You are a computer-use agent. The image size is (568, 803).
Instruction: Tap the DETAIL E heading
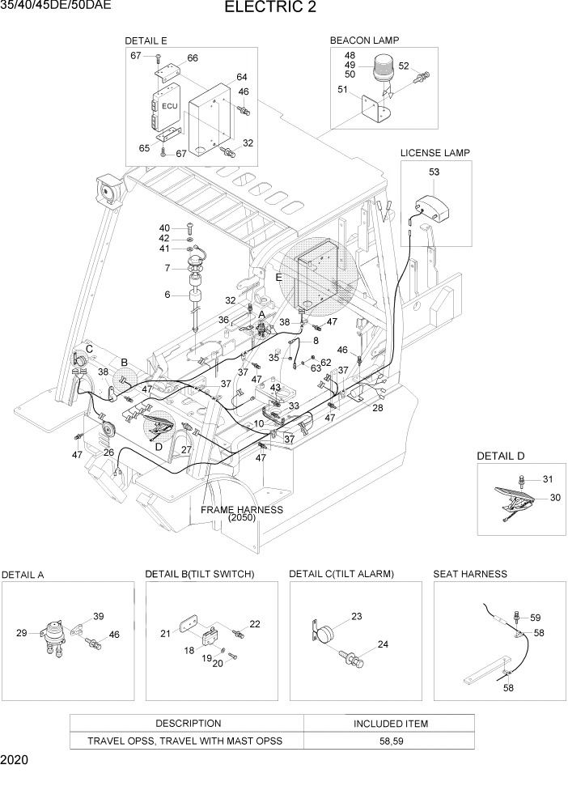point(146,40)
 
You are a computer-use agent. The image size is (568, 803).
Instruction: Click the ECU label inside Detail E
point(168,106)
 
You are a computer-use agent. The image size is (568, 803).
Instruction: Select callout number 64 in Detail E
point(241,77)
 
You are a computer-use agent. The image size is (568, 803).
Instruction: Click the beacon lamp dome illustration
point(384,69)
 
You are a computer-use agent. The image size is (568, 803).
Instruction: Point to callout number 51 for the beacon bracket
point(343,90)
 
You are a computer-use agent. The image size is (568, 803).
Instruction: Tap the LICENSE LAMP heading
point(434,152)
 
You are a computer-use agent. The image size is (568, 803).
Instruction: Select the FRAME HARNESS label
point(243,510)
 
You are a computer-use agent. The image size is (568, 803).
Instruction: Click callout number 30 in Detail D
point(555,498)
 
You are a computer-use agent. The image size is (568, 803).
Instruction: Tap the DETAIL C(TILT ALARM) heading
point(341,574)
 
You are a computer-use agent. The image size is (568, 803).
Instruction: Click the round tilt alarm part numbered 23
point(325,636)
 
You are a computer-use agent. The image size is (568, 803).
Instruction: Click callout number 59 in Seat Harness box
point(535,618)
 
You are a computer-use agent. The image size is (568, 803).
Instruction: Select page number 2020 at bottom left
point(15,761)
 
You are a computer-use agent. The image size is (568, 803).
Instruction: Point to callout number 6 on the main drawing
point(167,295)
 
